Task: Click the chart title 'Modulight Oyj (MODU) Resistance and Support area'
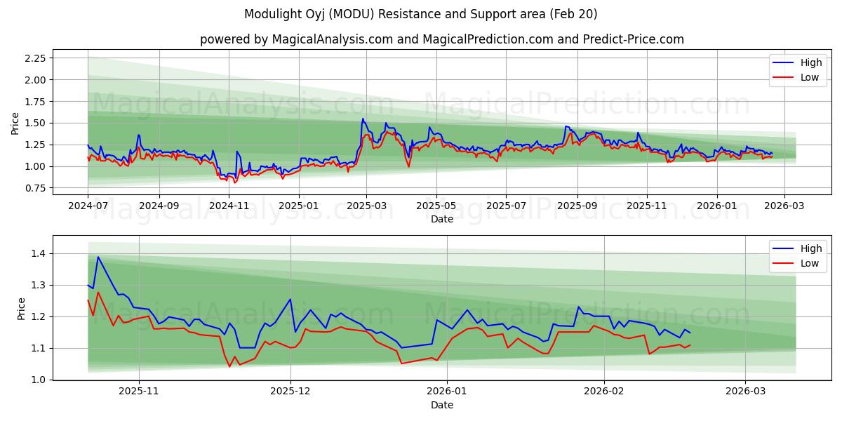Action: (421, 14)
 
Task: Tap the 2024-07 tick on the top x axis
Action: (88, 206)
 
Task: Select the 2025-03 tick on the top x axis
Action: (366, 206)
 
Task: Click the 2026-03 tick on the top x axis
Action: (784, 206)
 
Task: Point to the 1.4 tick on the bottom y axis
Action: (39, 253)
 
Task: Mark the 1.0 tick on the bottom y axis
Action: (39, 380)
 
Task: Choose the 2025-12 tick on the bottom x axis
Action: (290, 392)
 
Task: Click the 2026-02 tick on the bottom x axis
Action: (604, 392)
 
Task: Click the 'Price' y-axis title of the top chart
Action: (15, 123)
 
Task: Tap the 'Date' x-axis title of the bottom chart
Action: (441, 405)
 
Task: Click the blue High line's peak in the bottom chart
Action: (98, 257)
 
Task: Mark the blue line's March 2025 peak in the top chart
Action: (363, 119)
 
